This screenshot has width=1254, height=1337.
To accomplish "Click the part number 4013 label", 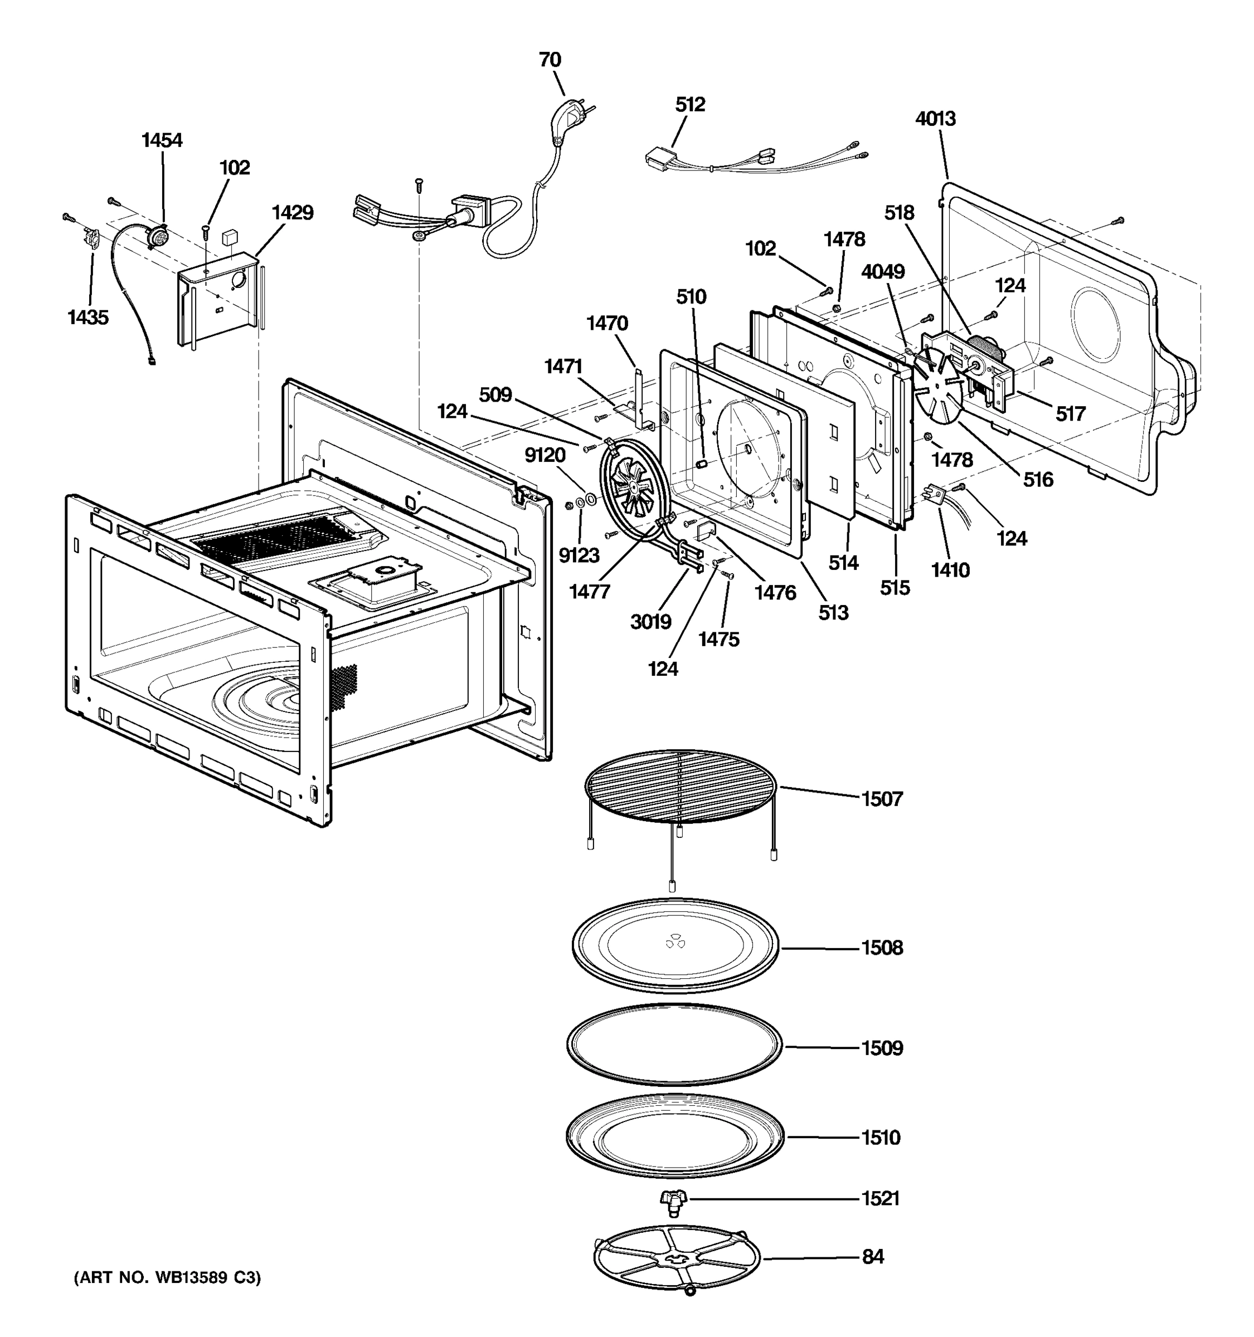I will click(x=935, y=119).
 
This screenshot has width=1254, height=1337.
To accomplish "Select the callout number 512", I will click(x=689, y=104).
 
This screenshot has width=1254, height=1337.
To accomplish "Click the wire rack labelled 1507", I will click(x=679, y=787).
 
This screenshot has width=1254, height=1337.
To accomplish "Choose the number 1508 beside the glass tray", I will click(x=882, y=948).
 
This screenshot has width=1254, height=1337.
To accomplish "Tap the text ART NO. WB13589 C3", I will click(x=167, y=1278).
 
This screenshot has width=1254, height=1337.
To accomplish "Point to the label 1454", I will click(x=162, y=140).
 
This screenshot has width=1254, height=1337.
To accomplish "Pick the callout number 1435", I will click(x=88, y=317).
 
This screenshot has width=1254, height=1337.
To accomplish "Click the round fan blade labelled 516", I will click(x=939, y=390).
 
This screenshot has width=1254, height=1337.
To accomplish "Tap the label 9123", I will click(x=579, y=555).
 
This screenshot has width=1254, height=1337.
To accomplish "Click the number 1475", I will click(x=718, y=639).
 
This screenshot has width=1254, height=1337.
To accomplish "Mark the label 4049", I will click(x=883, y=272).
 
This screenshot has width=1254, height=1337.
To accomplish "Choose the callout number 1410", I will click(x=950, y=570).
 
